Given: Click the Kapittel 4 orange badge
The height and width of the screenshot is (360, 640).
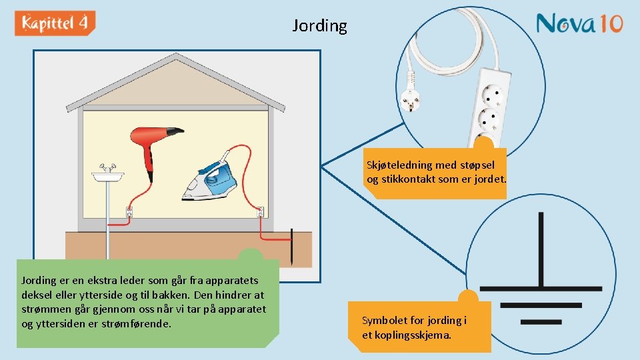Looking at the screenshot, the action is tap(55, 23).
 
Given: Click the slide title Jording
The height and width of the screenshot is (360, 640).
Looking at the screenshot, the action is tap(320, 26).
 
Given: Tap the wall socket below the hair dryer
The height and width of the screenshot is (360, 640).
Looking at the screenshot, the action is tap(129, 213).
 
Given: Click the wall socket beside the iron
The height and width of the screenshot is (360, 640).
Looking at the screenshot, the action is tap(261, 213).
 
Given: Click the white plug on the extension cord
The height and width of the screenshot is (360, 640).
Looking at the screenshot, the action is tap(409, 103).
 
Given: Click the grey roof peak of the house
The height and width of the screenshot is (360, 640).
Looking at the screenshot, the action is tap(175, 58).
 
